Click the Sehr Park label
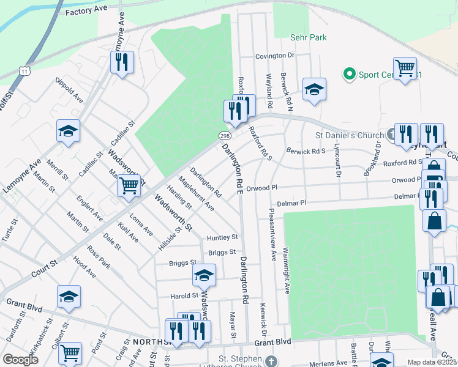pos(308,37)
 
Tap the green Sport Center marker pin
pos(350,74)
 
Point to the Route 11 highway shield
pos(24,71)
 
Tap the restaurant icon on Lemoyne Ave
pos(121,62)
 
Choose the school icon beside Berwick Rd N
pos(314,89)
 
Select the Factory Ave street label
pos(86,12)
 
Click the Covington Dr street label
pos(276,56)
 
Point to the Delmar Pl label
pos(290,202)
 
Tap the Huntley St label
pos(222,237)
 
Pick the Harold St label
pos(184,296)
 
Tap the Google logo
pos(20,359)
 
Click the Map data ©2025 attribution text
pos(432,362)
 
